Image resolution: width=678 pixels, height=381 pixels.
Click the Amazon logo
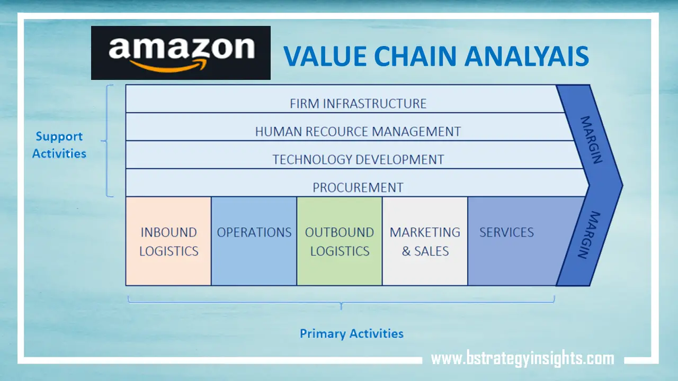point(181,53)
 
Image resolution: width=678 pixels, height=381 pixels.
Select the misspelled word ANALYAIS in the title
point(527,57)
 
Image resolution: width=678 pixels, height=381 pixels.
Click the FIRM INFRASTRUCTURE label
point(358,103)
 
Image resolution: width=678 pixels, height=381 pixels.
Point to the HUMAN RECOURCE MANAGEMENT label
point(358,131)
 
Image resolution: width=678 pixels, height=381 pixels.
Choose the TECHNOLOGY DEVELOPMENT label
point(358,159)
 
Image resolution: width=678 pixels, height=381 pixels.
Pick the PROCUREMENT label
point(358,187)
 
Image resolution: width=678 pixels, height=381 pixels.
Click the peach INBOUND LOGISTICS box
point(168,241)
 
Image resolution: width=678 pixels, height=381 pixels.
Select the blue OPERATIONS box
point(254,241)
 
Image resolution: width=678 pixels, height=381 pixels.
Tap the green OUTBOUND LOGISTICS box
point(340,241)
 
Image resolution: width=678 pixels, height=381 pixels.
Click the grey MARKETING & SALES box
point(425,241)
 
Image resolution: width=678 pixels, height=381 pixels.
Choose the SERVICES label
point(506,232)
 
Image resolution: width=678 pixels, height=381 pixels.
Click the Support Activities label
point(59,145)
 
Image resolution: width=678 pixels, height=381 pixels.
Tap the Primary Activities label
point(352,333)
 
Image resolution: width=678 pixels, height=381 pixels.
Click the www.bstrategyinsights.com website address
point(522,359)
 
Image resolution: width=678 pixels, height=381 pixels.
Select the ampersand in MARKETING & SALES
point(406,251)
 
